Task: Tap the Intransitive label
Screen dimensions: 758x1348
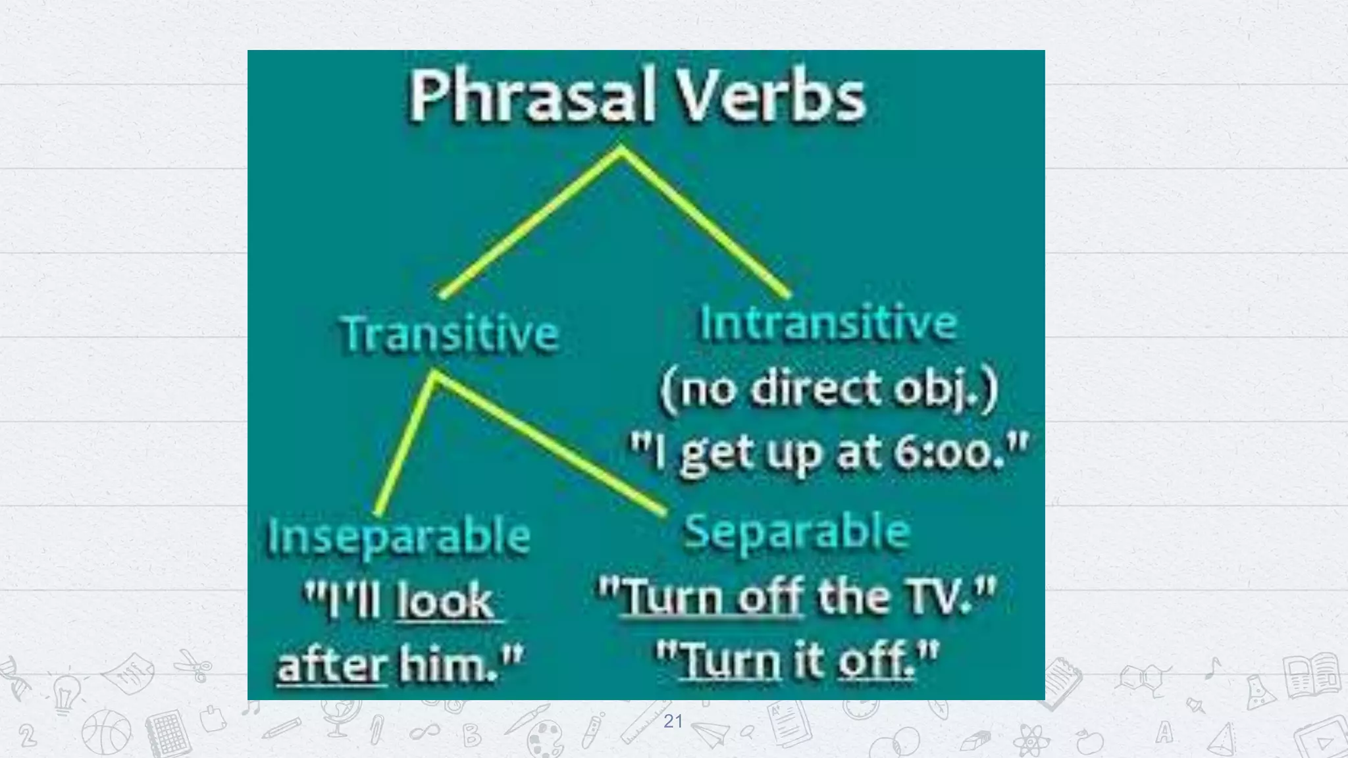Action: (x=828, y=323)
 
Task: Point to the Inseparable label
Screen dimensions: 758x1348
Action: (x=399, y=536)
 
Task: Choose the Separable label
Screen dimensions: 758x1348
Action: (x=797, y=532)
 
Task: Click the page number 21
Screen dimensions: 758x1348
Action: (x=673, y=721)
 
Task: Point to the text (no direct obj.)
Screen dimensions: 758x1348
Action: (x=828, y=390)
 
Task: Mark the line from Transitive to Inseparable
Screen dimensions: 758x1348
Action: (x=405, y=444)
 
